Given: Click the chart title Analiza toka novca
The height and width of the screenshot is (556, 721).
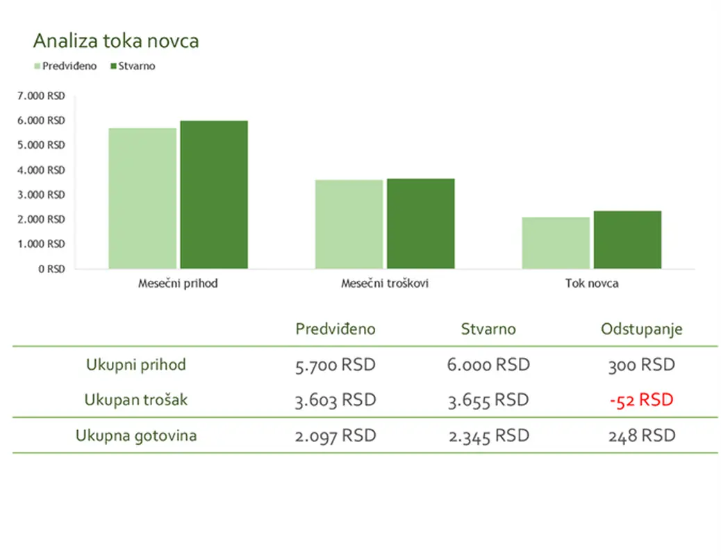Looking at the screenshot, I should click(x=116, y=41).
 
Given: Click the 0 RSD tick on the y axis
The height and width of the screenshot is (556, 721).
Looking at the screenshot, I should click(x=51, y=269).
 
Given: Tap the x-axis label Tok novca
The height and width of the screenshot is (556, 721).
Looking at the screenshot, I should click(x=592, y=284).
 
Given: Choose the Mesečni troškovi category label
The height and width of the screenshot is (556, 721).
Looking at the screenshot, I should click(x=384, y=284).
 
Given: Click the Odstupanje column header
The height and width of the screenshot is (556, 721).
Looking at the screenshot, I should click(x=641, y=329).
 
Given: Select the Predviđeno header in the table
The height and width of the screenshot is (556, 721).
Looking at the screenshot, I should click(x=335, y=329).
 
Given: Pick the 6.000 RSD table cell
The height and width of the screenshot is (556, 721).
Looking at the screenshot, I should click(x=488, y=365).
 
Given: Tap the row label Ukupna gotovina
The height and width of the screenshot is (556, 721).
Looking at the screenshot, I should click(x=136, y=436).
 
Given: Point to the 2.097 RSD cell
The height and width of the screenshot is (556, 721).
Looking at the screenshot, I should click(x=335, y=436).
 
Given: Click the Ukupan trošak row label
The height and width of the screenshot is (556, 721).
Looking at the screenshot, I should click(x=136, y=400).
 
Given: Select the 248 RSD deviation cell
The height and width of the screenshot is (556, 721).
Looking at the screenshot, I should click(x=641, y=436).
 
